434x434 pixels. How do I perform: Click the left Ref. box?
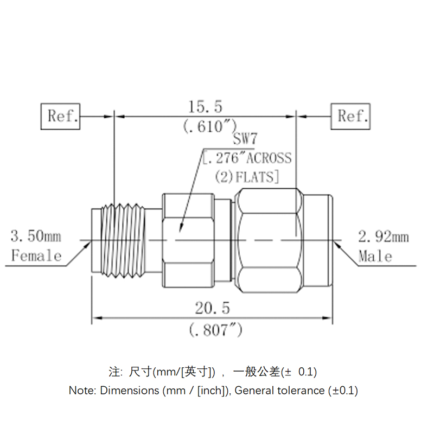click(61, 116)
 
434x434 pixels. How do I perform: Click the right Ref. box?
click(351, 116)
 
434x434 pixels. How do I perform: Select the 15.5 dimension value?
click(205, 106)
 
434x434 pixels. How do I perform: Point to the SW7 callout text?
click(245, 140)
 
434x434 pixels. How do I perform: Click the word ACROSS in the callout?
click(269, 158)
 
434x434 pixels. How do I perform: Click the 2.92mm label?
click(383, 237)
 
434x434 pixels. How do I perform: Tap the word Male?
click(375, 255)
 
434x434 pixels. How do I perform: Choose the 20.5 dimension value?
click(213, 308)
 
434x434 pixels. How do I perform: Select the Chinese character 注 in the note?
click(114, 372)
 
